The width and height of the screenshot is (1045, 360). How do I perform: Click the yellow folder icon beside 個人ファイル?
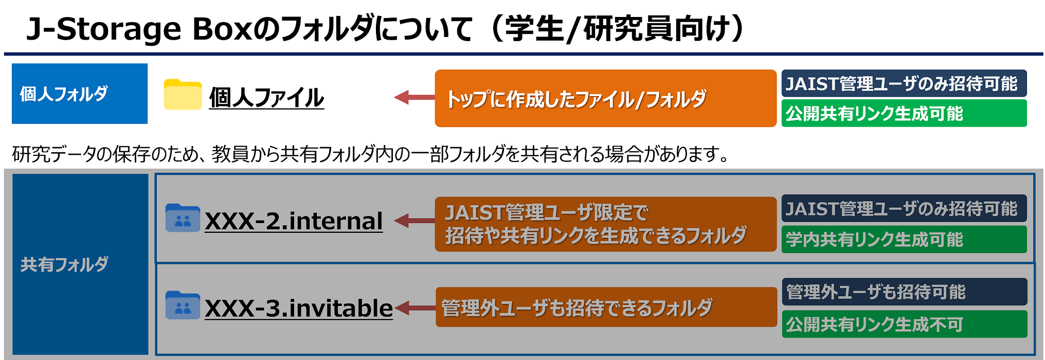(x=183, y=95)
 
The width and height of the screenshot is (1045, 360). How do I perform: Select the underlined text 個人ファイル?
(x=266, y=98)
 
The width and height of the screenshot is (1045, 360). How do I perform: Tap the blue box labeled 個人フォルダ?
(x=80, y=94)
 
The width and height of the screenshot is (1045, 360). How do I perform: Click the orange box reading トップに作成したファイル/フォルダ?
(x=605, y=98)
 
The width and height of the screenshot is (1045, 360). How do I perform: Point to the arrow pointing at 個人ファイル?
(x=414, y=97)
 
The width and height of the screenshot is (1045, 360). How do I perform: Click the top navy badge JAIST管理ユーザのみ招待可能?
(x=904, y=83)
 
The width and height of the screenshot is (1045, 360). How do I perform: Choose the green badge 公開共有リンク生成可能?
(x=904, y=113)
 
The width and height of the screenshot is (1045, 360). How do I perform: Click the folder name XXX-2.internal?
(x=294, y=221)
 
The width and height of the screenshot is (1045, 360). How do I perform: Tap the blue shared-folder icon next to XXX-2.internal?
(x=183, y=218)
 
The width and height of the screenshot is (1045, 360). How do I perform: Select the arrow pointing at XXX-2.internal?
(x=414, y=221)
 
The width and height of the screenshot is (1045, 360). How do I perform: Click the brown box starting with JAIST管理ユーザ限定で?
(x=605, y=224)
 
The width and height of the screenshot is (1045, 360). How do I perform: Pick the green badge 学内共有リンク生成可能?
(x=904, y=239)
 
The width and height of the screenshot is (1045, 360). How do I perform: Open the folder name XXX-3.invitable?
(x=299, y=309)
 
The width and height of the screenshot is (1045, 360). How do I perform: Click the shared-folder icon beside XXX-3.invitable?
(x=183, y=305)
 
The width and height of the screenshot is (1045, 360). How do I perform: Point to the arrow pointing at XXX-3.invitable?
(x=415, y=308)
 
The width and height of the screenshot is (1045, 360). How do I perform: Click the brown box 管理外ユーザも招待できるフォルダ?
(x=606, y=307)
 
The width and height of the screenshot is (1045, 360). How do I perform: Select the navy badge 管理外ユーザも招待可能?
(x=904, y=292)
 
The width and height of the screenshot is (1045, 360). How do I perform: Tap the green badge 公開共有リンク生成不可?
(x=904, y=324)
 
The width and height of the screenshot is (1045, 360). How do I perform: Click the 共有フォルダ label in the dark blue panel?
(x=64, y=264)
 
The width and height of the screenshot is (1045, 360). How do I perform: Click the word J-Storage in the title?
(x=103, y=29)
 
